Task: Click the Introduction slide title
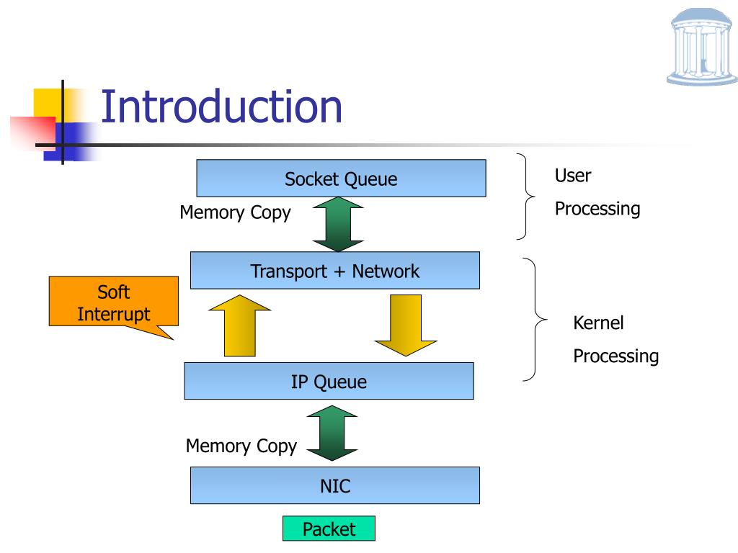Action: coord(221,107)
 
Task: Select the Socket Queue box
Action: coord(341,179)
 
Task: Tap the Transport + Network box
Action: coord(335,271)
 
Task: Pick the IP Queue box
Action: coord(329,381)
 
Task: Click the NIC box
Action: coord(335,485)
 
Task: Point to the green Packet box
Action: coord(329,529)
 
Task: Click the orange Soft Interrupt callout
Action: coord(113,302)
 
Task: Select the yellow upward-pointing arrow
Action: coord(240,325)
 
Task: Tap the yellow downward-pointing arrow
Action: coord(406,325)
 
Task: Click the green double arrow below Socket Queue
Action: coord(338,225)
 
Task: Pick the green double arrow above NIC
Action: coord(332,433)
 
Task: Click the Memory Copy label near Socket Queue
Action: coord(236,212)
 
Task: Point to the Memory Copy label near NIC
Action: coord(241,446)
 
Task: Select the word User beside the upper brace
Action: coord(573,176)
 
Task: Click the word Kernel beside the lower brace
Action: coord(598,323)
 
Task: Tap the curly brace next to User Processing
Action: coord(526,197)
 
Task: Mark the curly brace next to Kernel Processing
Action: coord(535,319)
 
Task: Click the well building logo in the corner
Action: coord(702,47)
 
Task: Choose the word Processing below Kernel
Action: coord(616,356)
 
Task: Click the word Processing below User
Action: coord(597,209)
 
